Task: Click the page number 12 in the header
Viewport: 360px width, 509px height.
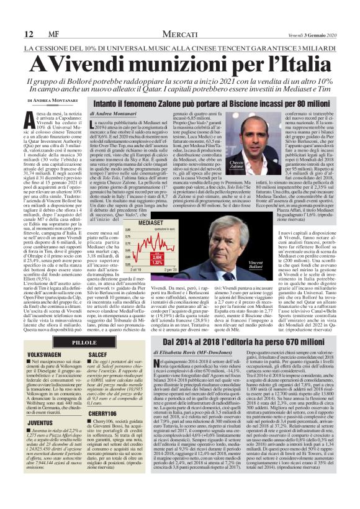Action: (x=11, y=33)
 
